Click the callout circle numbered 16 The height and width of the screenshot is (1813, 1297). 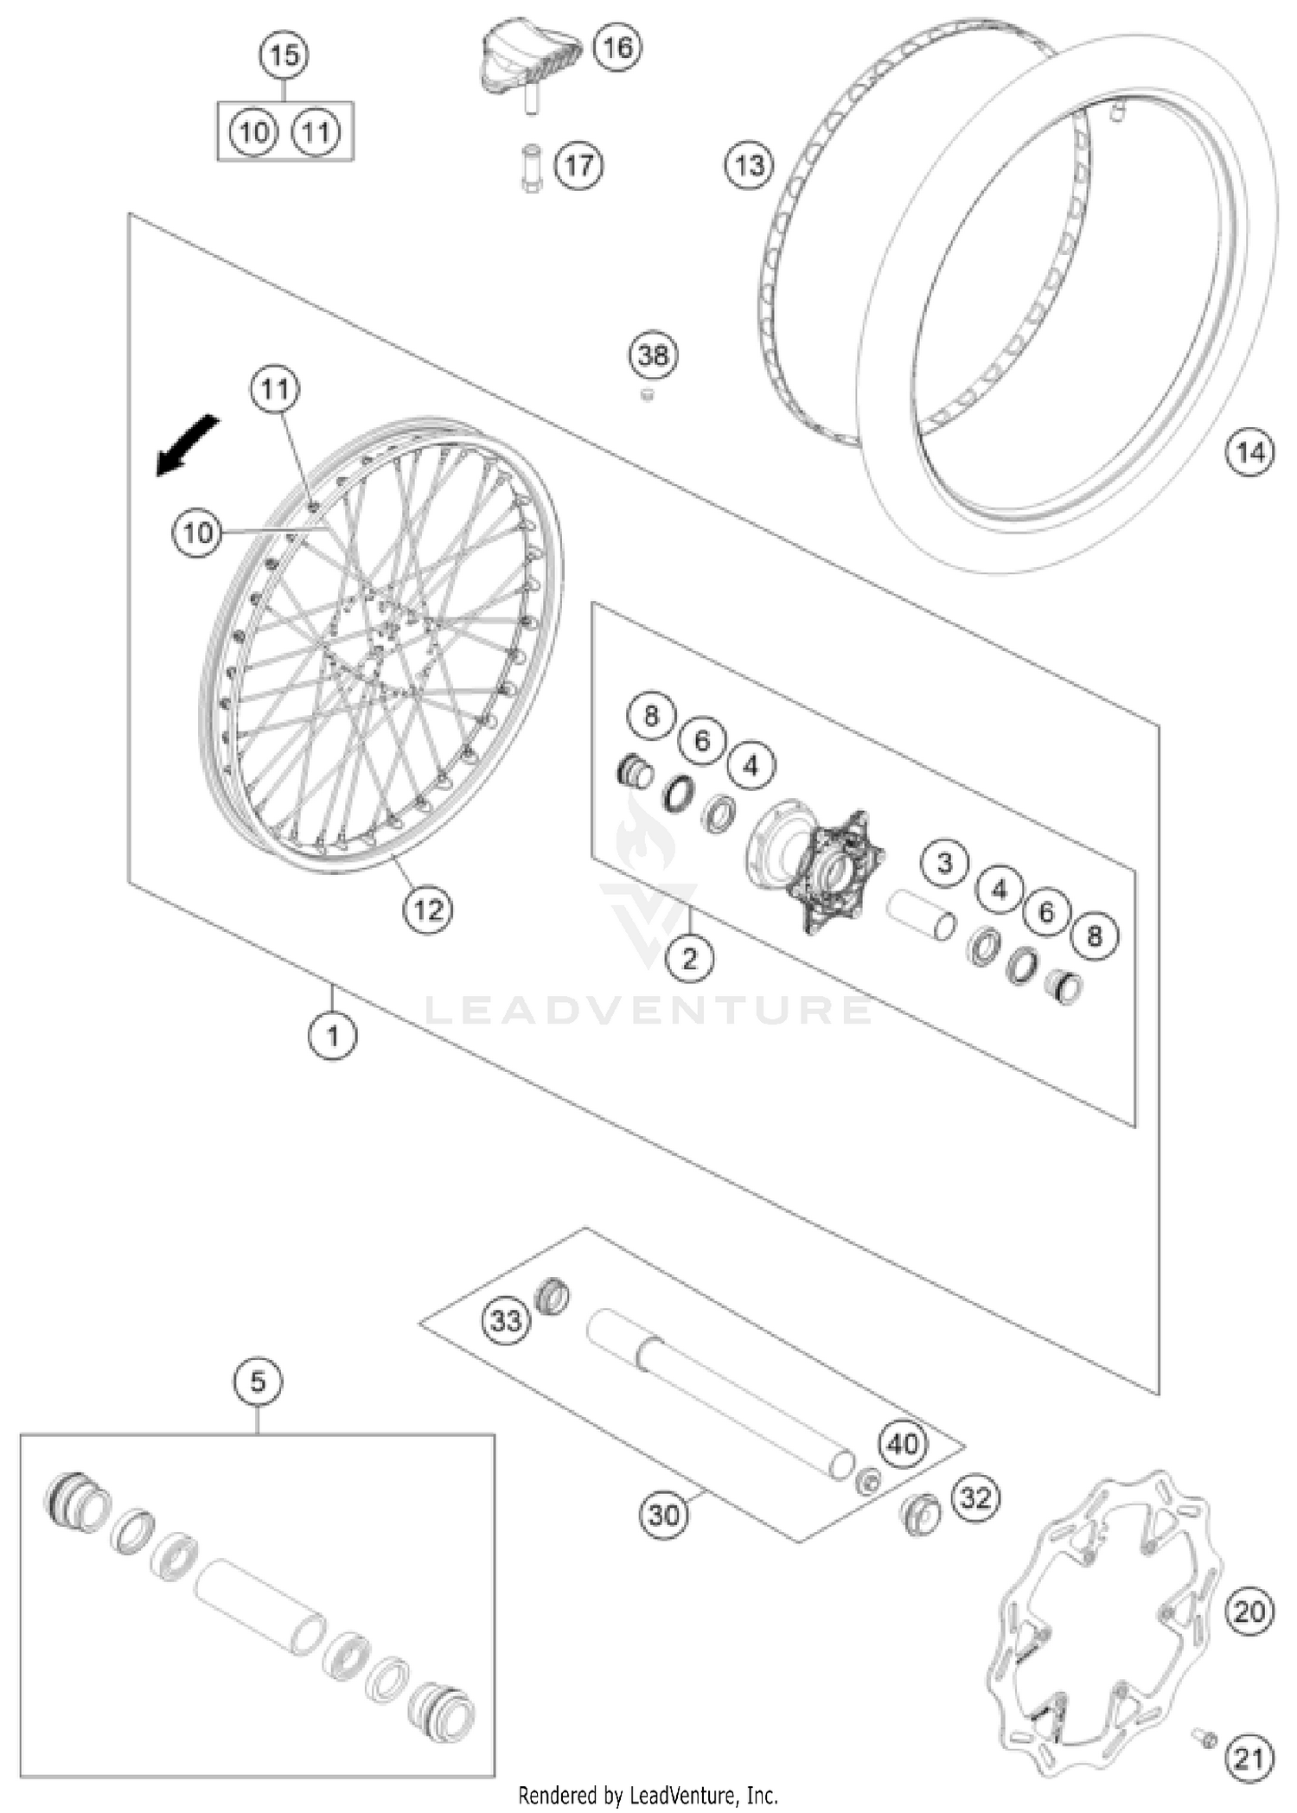point(617,47)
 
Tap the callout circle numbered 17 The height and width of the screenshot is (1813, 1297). point(578,164)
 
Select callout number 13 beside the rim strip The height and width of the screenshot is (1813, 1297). point(749,164)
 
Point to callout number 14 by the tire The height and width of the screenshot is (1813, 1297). point(1250,451)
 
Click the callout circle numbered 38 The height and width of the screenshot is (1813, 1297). point(653,354)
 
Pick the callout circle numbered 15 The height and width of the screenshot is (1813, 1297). point(284,55)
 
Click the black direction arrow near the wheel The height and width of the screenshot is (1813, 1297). point(186,444)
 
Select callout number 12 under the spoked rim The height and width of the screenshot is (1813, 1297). point(428,909)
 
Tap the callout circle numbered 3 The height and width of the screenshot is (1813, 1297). point(944,862)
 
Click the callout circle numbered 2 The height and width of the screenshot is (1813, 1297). point(689,958)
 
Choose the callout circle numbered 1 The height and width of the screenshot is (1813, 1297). point(333,1034)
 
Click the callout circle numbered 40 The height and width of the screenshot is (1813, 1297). point(903,1443)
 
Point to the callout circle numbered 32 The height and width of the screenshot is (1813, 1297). point(975,1497)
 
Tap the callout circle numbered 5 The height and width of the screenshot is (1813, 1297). point(259,1382)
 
